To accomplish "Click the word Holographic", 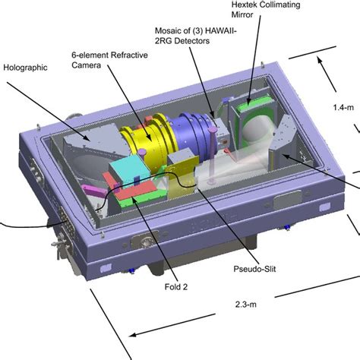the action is tap(25, 68).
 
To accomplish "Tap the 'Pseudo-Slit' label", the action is tap(254, 269).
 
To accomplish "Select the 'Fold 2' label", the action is tap(176, 287).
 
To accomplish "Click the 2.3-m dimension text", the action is tap(246, 304).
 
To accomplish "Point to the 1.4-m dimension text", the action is tap(343, 107).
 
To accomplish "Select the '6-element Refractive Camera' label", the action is tap(109, 60).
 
